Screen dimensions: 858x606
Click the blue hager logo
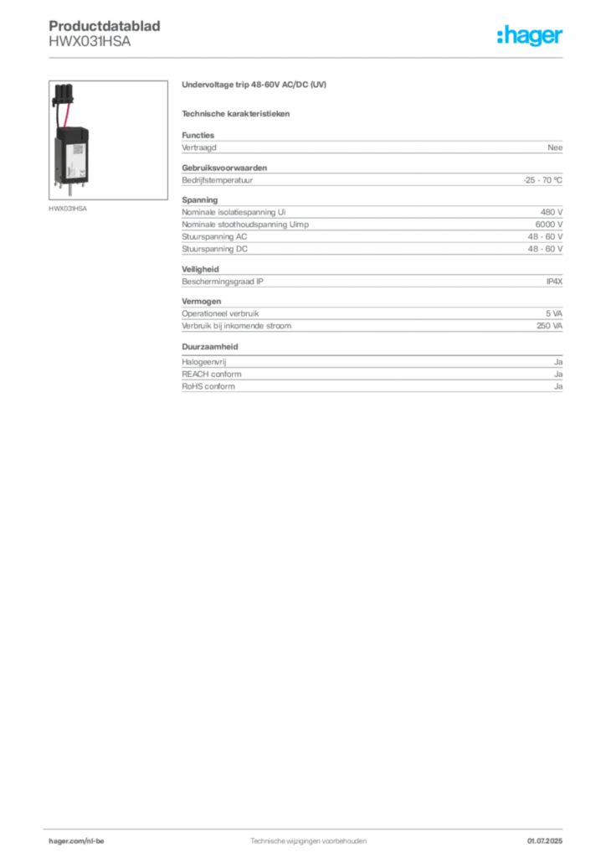pos(532,36)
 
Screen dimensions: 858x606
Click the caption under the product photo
pos(69,209)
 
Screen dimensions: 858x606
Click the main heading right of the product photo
pos(254,85)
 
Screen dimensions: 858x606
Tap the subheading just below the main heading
pos(237,113)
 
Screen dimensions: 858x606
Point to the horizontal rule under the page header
pos(308,57)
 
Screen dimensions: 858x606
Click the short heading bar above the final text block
pos(211,346)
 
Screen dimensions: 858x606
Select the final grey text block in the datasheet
pos(371,375)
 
